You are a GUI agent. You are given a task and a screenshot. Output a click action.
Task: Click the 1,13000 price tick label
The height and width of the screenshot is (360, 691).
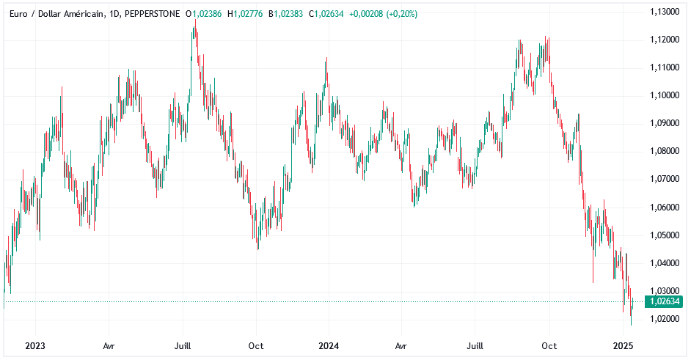click(665, 12)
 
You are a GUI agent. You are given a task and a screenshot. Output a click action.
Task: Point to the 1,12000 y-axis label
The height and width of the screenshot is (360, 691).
click(665, 40)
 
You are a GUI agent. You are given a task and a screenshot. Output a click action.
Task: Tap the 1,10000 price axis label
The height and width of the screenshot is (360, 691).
click(665, 95)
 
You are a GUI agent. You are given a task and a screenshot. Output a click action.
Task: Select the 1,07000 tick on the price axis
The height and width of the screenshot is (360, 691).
click(665, 179)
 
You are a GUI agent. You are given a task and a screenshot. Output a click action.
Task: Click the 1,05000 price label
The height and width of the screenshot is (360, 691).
click(665, 235)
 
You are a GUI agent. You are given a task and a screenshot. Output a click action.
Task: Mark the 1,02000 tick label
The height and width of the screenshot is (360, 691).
click(665, 319)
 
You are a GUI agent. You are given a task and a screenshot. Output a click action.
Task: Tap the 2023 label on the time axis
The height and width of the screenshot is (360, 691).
click(35, 345)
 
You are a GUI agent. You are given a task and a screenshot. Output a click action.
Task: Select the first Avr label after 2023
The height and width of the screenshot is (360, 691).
click(109, 345)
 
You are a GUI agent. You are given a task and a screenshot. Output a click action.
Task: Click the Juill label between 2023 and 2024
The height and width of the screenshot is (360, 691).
click(183, 345)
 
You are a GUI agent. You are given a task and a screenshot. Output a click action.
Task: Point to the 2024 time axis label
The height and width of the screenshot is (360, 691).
click(329, 345)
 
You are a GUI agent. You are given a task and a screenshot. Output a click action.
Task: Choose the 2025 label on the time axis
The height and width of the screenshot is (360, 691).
click(623, 345)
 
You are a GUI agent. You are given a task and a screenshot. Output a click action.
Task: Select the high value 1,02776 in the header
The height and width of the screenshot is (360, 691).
click(250, 14)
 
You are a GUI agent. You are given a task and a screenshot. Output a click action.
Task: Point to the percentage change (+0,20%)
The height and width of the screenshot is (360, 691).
click(398, 14)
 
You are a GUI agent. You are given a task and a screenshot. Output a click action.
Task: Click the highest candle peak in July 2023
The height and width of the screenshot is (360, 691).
click(195, 20)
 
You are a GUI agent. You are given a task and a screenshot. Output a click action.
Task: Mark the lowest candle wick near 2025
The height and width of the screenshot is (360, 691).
click(631, 325)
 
